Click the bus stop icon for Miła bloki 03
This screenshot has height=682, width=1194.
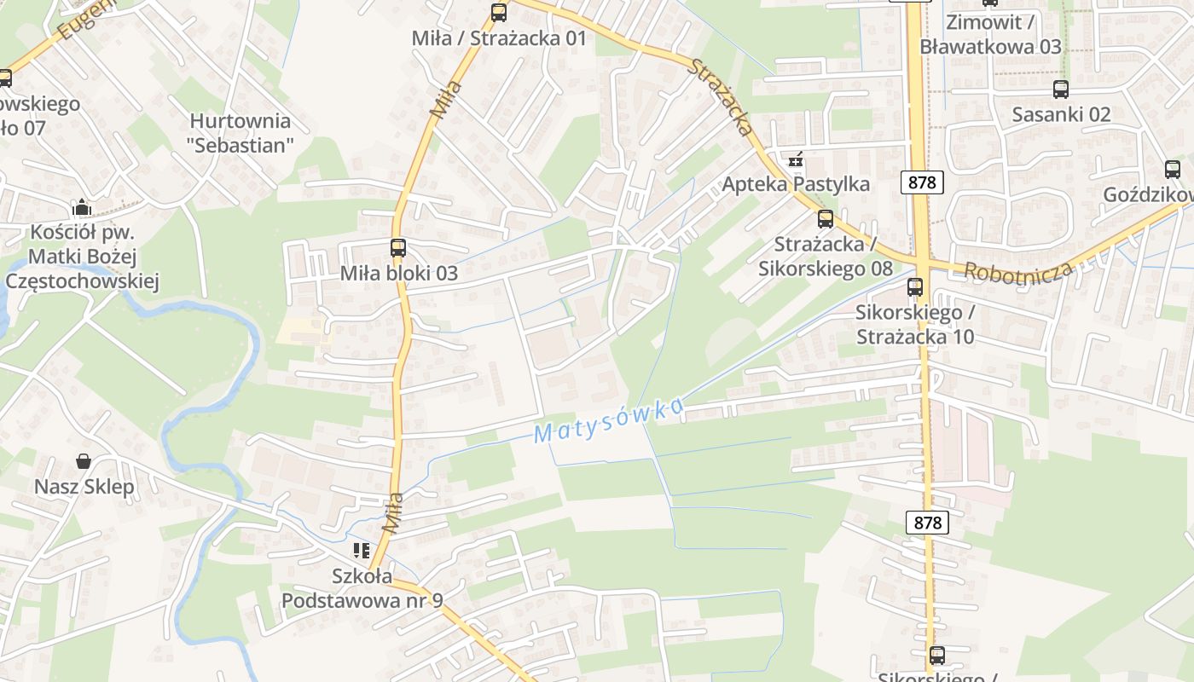pyautogui.click(x=398, y=248)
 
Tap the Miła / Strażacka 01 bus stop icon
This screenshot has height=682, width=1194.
pyautogui.click(x=499, y=13)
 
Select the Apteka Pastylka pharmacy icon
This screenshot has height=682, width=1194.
pyautogui.click(x=796, y=159)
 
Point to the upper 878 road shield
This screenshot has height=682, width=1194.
pyautogui.click(x=922, y=182)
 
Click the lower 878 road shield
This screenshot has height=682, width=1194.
pyautogui.click(x=927, y=522)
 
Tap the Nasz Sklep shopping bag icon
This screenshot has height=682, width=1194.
pyautogui.click(x=84, y=461)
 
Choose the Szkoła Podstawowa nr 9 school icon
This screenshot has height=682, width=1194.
pyautogui.click(x=362, y=551)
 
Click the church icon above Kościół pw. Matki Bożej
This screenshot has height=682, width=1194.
pyautogui.click(x=82, y=207)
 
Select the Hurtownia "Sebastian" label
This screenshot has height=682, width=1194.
pyautogui.click(x=241, y=133)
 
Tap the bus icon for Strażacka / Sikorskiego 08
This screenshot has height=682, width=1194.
pyautogui.click(x=826, y=219)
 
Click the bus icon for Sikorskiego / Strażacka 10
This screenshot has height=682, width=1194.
pyautogui.click(x=915, y=287)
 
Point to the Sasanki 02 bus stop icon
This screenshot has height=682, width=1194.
pyautogui.click(x=1061, y=90)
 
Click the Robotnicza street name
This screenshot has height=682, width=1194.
pyautogui.click(x=1017, y=271)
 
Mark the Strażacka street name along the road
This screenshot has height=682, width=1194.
pyautogui.click(x=722, y=97)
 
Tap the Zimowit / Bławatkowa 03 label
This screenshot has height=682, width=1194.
pyautogui.click(x=990, y=35)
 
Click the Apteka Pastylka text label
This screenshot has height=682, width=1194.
pyautogui.click(x=797, y=184)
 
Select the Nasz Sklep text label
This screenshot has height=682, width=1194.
pyautogui.click(x=84, y=487)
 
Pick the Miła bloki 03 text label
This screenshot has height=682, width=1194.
pyautogui.click(x=399, y=274)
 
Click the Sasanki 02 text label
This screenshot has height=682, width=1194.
pyautogui.click(x=1061, y=114)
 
